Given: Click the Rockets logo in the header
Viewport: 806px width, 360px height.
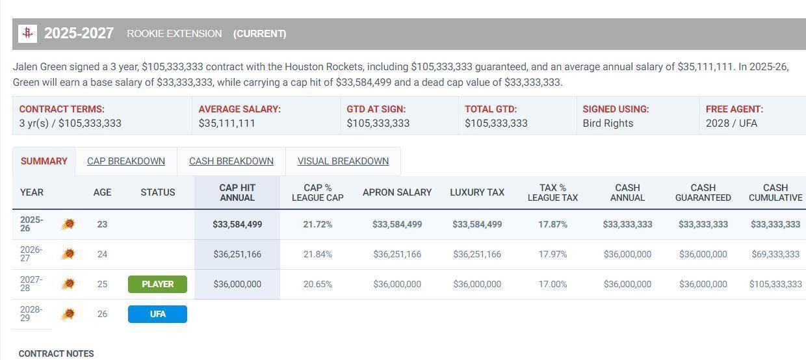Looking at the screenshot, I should click(x=27, y=33).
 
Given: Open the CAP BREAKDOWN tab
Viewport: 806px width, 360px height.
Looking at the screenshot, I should click(x=126, y=161).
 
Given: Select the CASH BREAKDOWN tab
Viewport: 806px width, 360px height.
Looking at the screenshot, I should click(x=231, y=161).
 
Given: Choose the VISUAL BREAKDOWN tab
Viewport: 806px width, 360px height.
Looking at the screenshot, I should click(x=343, y=161).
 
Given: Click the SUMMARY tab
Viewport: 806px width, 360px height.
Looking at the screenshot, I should click(x=44, y=161).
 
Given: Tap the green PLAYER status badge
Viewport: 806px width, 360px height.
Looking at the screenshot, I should click(x=157, y=284).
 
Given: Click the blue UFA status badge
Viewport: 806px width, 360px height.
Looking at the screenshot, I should click(x=157, y=314).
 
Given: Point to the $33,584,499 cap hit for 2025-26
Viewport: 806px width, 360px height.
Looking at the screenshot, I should click(x=237, y=224).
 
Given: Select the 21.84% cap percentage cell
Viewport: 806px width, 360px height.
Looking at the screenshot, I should click(x=318, y=254).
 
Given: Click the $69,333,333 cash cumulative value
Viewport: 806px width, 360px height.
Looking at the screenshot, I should click(x=775, y=254).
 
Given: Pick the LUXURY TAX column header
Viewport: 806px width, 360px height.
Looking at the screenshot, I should click(x=477, y=192).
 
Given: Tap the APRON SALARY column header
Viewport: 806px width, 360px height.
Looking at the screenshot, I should click(x=397, y=192).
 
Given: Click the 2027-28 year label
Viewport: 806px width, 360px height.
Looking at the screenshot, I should click(x=31, y=284).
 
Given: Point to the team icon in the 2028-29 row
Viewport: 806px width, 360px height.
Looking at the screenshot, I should click(x=68, y=315).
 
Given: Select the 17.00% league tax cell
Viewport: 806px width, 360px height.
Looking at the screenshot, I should click(x=552, y=284).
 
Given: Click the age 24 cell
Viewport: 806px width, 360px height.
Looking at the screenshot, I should click(x=102, y=254).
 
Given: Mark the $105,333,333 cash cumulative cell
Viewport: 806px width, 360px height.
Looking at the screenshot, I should click(x=775, y=284).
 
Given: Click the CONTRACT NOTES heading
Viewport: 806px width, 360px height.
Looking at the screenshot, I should click(x=57, y=354).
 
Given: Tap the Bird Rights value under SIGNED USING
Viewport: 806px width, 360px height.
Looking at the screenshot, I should click(x=608, y=123).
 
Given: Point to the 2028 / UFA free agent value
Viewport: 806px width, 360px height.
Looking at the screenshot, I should click(x=731, y=123).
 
